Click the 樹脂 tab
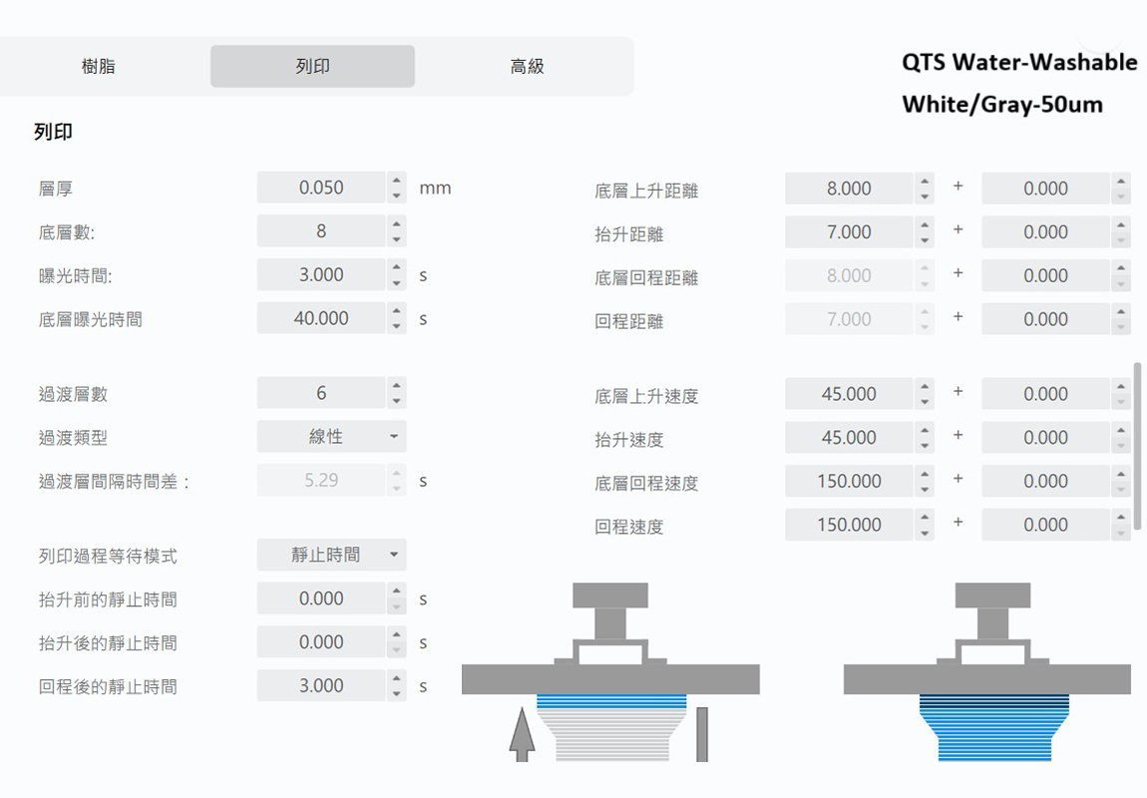[x=98, y=67]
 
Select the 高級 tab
[x=527, y=67]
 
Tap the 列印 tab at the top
[x=312, y=67]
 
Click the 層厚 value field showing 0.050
[x=321, y=188]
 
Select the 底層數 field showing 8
[x=321, y=231]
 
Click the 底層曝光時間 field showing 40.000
[x=321, y=319]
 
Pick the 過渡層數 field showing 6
[x=321, y=393]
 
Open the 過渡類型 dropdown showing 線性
[x=331, y=437]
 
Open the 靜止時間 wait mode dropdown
[x=331, y=555]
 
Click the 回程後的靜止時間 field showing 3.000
[x=321, y=686]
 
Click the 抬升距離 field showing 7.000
[x=849, y=232]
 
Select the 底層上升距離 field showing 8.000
[x=849, y=189]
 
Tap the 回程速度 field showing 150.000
[x=849, y=525]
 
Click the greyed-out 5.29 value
[x=321, y=481]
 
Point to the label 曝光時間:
[x=75, y=275]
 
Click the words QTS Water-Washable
[x=1019, y=63]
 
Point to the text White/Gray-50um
[x=1002, y=105]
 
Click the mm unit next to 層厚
[x=435, y=188]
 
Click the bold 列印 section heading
[x=53, y=132]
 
